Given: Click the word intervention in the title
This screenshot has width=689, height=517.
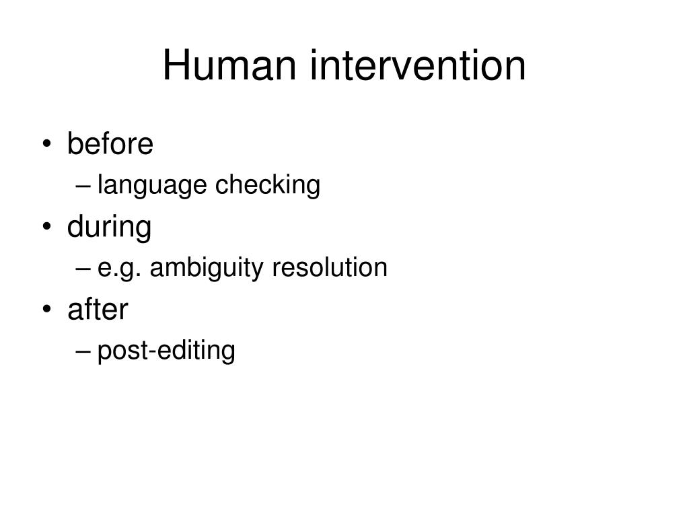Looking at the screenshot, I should [418, 66].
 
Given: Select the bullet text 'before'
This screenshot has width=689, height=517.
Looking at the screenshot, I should [110, 143].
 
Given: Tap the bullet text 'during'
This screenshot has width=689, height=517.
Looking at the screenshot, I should [109, 228].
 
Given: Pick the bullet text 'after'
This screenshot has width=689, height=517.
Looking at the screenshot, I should [98, 310].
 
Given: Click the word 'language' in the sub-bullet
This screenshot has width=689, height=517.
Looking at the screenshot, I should [153, 186].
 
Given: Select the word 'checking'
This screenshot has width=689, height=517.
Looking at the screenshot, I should [268, 185].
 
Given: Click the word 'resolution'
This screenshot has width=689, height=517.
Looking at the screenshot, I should [330, 268].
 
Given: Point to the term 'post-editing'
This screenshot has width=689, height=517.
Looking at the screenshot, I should [166, 351].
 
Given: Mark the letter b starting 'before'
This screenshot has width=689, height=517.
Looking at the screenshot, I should [74, 143].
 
